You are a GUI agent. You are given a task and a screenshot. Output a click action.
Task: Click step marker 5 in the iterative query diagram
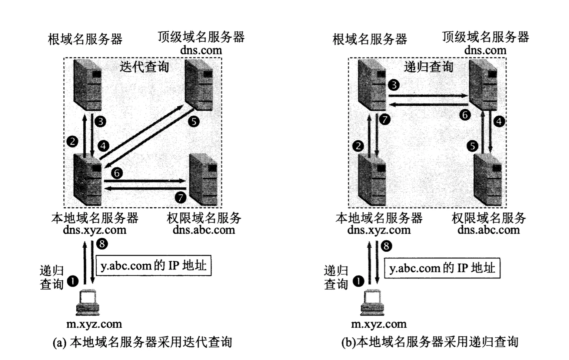click(x=193, y=121)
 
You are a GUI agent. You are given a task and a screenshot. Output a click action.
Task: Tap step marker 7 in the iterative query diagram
click(x=180, y=197)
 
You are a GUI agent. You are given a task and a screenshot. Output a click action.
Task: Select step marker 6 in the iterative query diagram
click(x=117, y=173)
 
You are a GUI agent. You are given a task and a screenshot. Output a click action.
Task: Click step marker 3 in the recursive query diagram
click(x=394, y=85)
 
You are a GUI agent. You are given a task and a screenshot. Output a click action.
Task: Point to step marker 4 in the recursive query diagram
click(x=499, y=121)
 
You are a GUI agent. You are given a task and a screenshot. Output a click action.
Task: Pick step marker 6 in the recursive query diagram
click(x=465, y=115)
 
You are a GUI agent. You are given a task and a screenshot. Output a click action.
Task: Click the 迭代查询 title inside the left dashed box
click(x=144, y=67)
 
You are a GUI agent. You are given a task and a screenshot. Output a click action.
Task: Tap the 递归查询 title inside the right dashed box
click(x=429, y=67)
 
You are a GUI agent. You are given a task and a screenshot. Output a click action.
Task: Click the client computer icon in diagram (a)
click(x=87, y=303)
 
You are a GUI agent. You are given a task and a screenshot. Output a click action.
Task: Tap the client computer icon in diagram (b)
click(x=373, y=303)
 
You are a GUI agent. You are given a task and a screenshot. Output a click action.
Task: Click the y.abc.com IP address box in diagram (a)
click(x=153, y=265)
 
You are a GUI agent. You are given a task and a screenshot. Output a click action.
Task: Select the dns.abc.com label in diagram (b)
click(x=488, y=230)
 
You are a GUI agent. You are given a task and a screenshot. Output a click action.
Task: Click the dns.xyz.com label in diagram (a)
click(x=94, y=230)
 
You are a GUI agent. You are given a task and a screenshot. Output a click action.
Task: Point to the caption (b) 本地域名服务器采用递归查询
click(x=429, y=342)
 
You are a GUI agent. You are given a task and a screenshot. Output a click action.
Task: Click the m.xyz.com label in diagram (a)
click(x=94, y=324)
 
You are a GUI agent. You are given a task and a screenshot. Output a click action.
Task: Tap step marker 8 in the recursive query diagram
click(x=386, y=246)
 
